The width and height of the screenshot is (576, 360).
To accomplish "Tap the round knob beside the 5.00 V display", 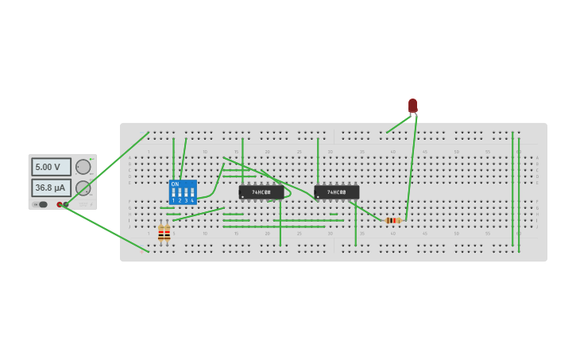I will [x=83, y=167].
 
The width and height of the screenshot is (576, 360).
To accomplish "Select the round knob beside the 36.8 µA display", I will [x=83, y=188].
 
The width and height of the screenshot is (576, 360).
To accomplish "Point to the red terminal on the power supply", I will [x=60, y=204].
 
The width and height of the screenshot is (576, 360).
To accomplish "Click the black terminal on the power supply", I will [x=66, y=204].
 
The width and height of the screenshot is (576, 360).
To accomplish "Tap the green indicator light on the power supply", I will [x=91, y=158].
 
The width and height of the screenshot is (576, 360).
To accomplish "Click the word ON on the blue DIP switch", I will [x=175, y=184].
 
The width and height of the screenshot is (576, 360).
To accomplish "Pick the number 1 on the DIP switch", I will [x=173, y=200].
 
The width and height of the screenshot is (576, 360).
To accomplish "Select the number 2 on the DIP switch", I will [x=180, y=200].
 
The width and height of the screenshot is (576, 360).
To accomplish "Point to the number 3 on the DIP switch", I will [x=186, y=200].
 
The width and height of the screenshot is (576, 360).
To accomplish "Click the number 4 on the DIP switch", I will [x=192, y=200].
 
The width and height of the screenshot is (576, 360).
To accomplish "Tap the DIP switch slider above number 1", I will [x=173, y=192].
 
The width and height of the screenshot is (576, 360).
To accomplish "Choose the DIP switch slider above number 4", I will [x=192, y=192].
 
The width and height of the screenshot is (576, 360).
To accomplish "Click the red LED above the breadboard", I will [x=413, y=106].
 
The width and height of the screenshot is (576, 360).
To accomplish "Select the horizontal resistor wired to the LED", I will [x=392, y=220].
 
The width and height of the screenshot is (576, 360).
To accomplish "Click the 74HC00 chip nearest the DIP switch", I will [x=261, y=192].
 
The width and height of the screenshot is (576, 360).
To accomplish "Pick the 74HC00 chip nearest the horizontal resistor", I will [x=337, y=192].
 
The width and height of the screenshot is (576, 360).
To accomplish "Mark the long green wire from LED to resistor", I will [x=411, y=167].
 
